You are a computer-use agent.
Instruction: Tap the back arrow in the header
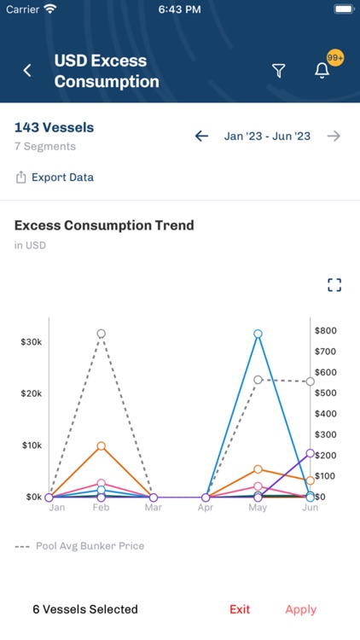click(27, 71)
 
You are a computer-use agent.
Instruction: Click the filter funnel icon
click(278, 71)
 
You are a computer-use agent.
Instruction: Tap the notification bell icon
click(322, 71)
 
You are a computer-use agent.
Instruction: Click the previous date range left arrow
click(201, 136)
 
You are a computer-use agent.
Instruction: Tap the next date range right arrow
click(334, 136)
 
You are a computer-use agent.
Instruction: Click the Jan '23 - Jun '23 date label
click(267, 136)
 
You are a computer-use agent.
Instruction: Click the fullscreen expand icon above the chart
click(334, 285)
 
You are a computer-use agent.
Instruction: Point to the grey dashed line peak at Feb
click(101, 334)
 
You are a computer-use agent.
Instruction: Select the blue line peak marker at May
click(258, 334)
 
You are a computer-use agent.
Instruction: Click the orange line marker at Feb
click(101, 446)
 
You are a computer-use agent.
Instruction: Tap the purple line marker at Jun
click(310, 454)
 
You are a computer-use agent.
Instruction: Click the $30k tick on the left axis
click(32, 341)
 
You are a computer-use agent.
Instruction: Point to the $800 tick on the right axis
click(326, 331)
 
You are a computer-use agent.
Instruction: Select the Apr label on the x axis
click(206, 508)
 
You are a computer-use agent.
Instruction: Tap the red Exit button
click(240, 609)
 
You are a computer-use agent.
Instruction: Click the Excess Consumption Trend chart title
click(104, 225)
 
